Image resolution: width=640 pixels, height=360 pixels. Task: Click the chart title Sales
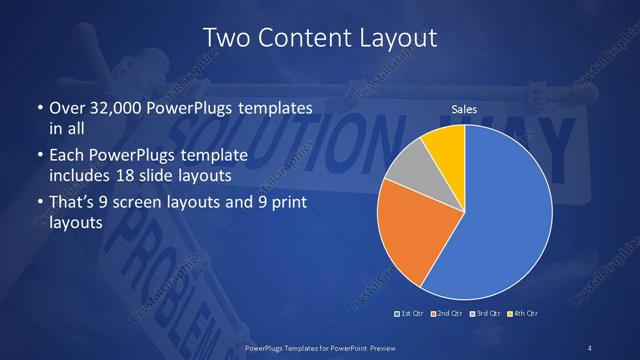click(464, 109)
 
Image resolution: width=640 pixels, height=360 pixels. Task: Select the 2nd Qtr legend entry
click(447, 313)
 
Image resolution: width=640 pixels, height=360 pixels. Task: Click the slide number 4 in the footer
click(590, 347)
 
